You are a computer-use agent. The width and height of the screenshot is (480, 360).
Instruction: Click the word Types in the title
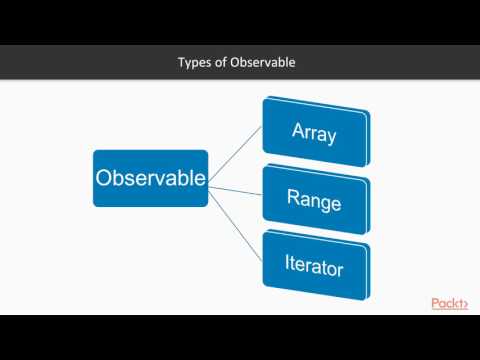point(194,63)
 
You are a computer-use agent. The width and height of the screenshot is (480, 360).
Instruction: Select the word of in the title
point(222,63)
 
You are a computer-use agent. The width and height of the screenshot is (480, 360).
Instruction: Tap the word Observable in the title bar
point(264,63)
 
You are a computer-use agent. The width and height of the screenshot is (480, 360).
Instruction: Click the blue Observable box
point(150,178)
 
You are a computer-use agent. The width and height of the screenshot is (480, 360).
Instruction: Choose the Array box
point(315,131)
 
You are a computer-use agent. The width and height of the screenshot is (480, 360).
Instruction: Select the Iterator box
point(315,268)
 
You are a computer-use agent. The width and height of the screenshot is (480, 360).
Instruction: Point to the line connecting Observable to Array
point(235,156)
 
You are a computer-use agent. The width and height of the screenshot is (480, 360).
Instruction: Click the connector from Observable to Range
point(235,188)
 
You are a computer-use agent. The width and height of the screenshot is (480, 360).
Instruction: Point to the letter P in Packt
point(435,303)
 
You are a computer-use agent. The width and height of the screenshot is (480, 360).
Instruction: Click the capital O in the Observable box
point(103,178)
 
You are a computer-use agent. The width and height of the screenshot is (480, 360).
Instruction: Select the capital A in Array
point(297,131)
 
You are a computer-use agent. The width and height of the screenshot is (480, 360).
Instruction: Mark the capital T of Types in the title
point(181,63)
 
